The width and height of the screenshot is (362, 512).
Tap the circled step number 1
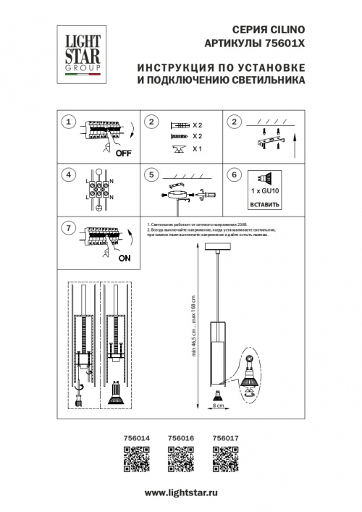[68, 122]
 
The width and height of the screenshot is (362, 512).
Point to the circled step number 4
[68, 175]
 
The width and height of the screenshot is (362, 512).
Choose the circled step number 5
[151, 175]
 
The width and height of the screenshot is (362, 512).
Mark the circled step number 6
[233, 175]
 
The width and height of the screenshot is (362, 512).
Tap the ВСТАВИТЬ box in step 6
[264, 204]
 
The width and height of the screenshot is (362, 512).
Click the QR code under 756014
[138, 458]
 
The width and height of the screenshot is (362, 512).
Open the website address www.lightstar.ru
[181, 492]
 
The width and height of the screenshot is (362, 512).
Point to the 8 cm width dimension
[218, 406]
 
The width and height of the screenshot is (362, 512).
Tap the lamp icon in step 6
[264, 177]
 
